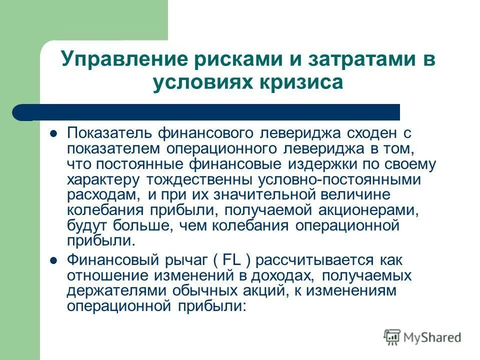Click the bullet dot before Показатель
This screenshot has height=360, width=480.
pyautogui.click(x=54, y=133)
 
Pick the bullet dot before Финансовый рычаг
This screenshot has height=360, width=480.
pyautogui.click(x=54, y=260)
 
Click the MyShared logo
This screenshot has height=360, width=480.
pyautogui.click(x=422, y=337)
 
